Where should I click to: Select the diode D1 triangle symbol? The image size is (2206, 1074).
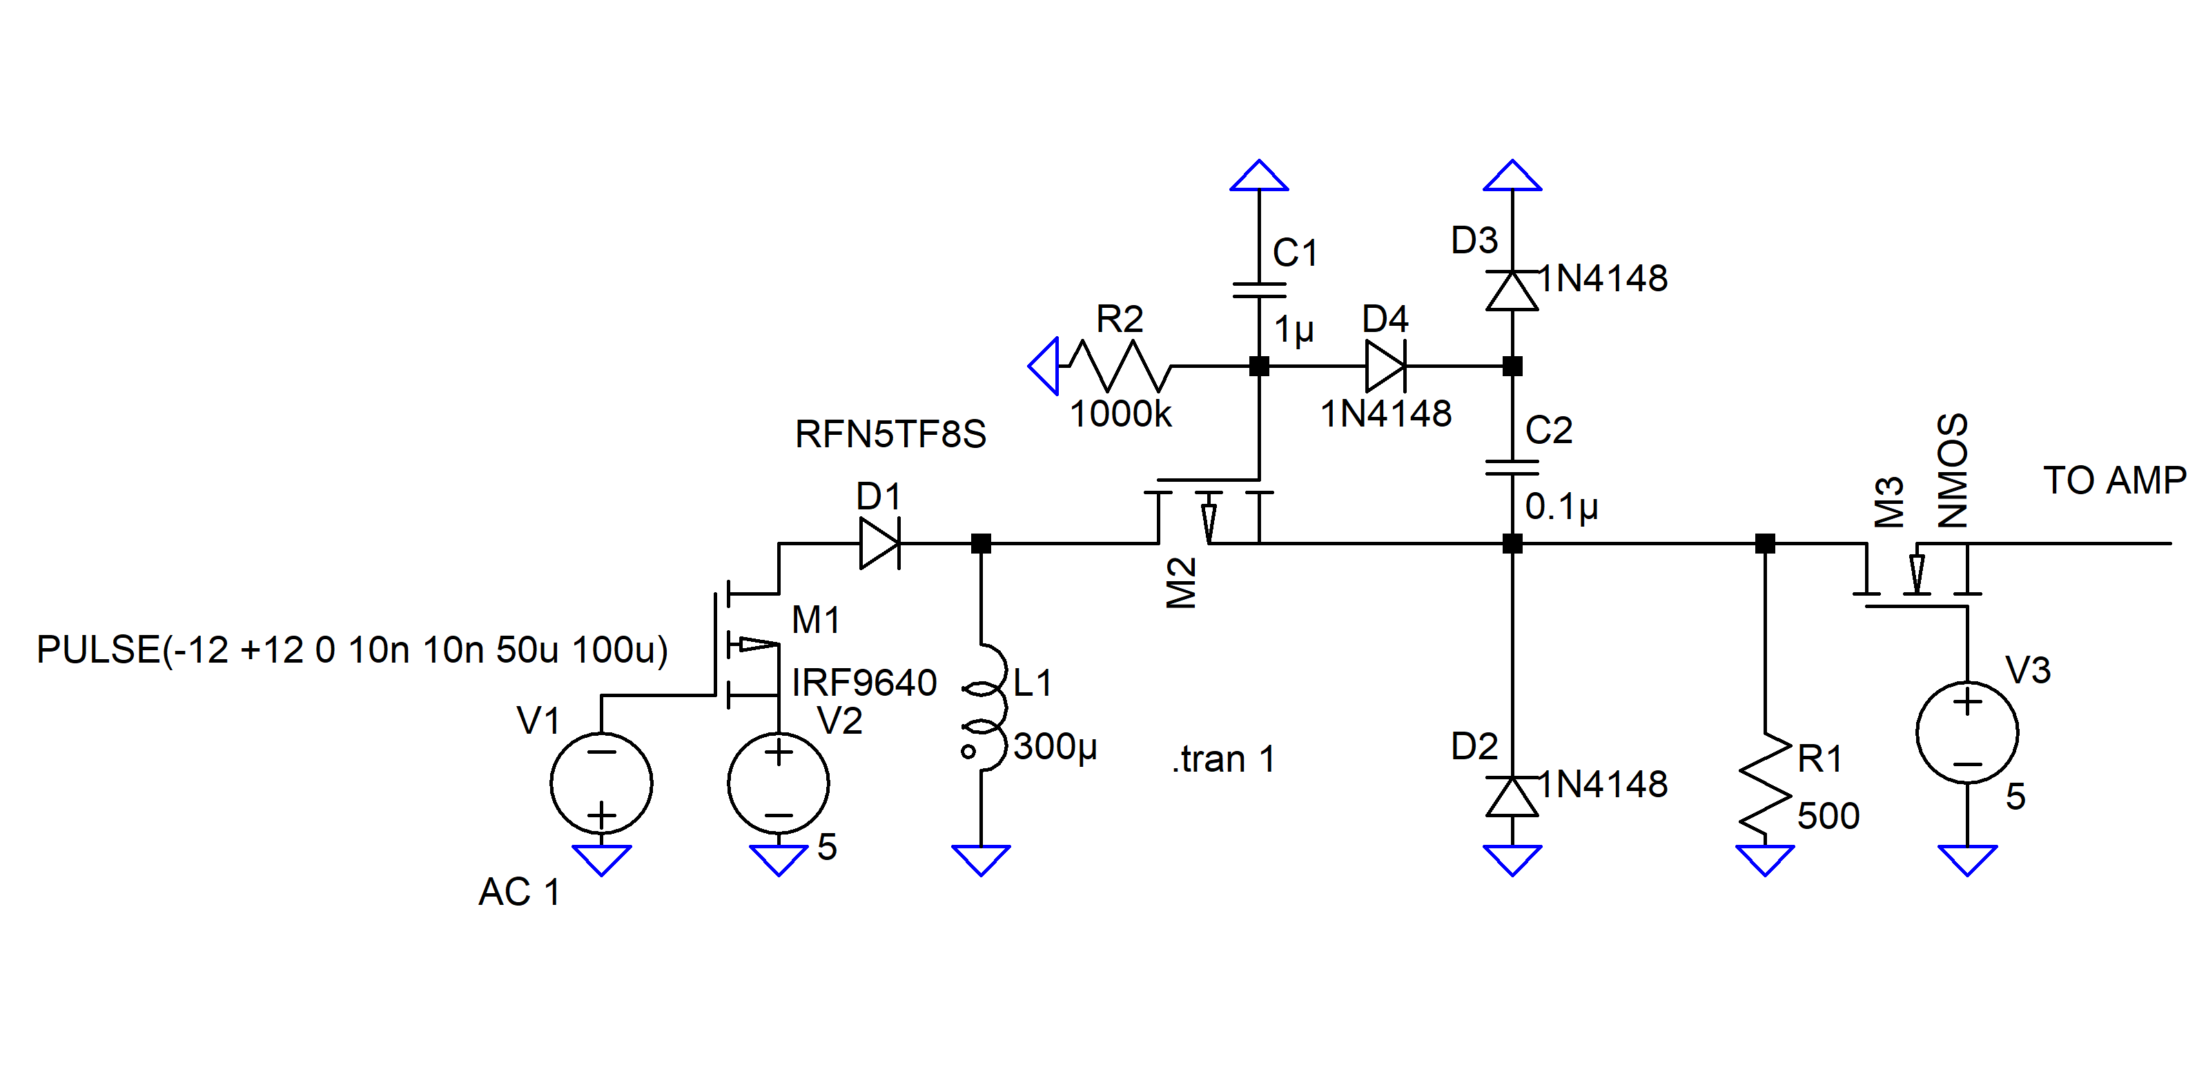coord(879,543)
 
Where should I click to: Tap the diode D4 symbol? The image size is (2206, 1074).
coord(1385,366)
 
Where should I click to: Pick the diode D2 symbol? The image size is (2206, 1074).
coord(1512,796)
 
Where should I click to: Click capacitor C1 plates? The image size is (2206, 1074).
coord(1259,291)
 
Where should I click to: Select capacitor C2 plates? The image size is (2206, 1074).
coord(1512,467)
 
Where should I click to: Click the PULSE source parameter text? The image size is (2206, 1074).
coord(352,650)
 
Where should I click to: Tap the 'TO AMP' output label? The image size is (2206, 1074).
coord(2114,480)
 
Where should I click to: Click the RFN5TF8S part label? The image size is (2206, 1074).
coord(890,434)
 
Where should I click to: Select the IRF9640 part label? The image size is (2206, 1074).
coord(864,683)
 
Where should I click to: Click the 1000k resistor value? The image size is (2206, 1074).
coord(1120,415)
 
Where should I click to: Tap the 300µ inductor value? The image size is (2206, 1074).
coord(1055,747)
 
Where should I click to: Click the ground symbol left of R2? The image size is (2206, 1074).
coord(1044,366)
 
